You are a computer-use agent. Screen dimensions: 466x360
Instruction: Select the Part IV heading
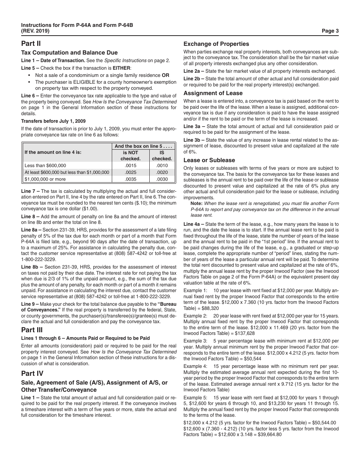click(x=32, y=374)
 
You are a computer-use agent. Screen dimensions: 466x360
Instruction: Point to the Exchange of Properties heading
click(x=216, y=44)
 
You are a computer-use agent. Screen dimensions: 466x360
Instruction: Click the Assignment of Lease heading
click(x=213, y=93)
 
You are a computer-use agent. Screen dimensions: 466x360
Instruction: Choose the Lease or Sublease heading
click(x=209, y=160)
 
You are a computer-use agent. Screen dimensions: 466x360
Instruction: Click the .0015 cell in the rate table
click(x=130, y=166)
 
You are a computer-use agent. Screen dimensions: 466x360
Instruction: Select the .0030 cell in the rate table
click(x=162, y=179)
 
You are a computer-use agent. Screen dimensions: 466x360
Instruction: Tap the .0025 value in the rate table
click(x=130, y=172)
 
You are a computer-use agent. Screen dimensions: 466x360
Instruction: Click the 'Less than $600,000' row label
click(x=45, y=166)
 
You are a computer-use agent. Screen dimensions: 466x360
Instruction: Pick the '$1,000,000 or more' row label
click(x=45, y=179)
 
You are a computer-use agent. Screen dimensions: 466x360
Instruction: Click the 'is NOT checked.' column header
click(x=130, y=156)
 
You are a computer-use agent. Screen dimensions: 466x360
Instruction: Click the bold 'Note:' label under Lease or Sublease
click(x=197, y=203)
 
